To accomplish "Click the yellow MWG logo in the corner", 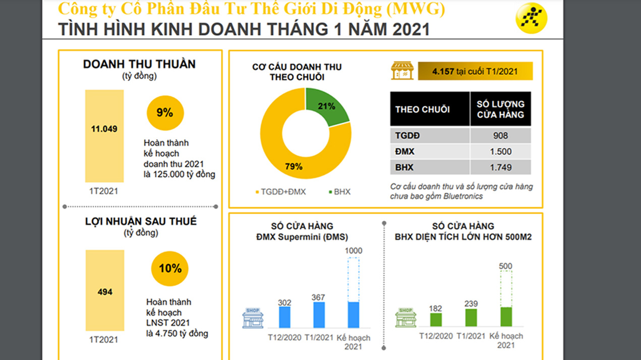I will (x=531, y=18).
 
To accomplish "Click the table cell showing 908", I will (x=500, y=136).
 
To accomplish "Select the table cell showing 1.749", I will (x=500, y=167).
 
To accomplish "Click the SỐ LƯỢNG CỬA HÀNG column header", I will (x=500, y=109).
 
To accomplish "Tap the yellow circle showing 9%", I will (x=165, y=113).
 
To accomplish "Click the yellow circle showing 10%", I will (x=170, y=269).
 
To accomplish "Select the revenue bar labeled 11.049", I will (x=104, y=136).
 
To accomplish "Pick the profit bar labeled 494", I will (x=105, y=291).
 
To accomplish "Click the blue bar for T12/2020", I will (x=285, y=317).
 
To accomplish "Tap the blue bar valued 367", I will (x=319, y=315).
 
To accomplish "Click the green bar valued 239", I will (x=471, y=317).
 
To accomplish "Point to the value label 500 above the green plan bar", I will (x=505, y=266).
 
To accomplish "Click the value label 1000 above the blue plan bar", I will (x=354, y=251).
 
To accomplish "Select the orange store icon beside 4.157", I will (x=402, y=71).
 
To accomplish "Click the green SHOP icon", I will (x=406, y=318).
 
